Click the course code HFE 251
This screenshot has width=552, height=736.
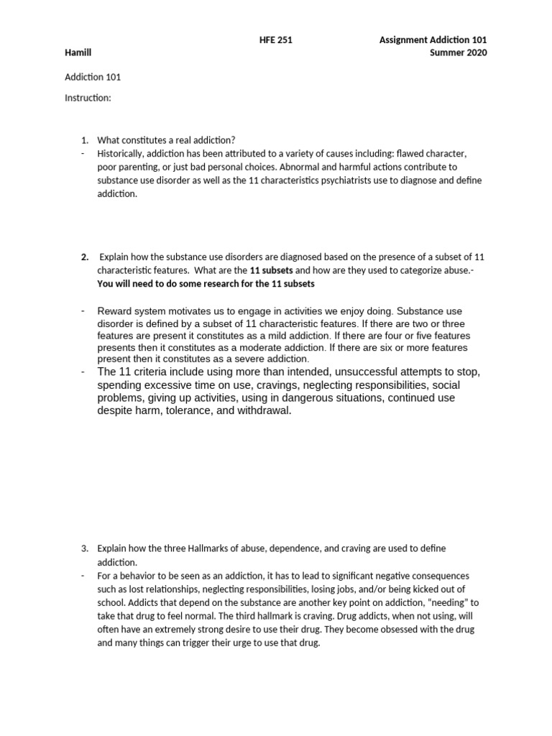point(275,40)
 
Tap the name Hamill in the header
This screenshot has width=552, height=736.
point(78,53)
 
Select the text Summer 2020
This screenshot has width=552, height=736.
point(458,53)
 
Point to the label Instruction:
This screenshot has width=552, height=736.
point(88,98)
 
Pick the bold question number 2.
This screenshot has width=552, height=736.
point(84,257)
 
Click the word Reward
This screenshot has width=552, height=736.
point(115,310)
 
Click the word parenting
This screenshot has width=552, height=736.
point(140,167)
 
